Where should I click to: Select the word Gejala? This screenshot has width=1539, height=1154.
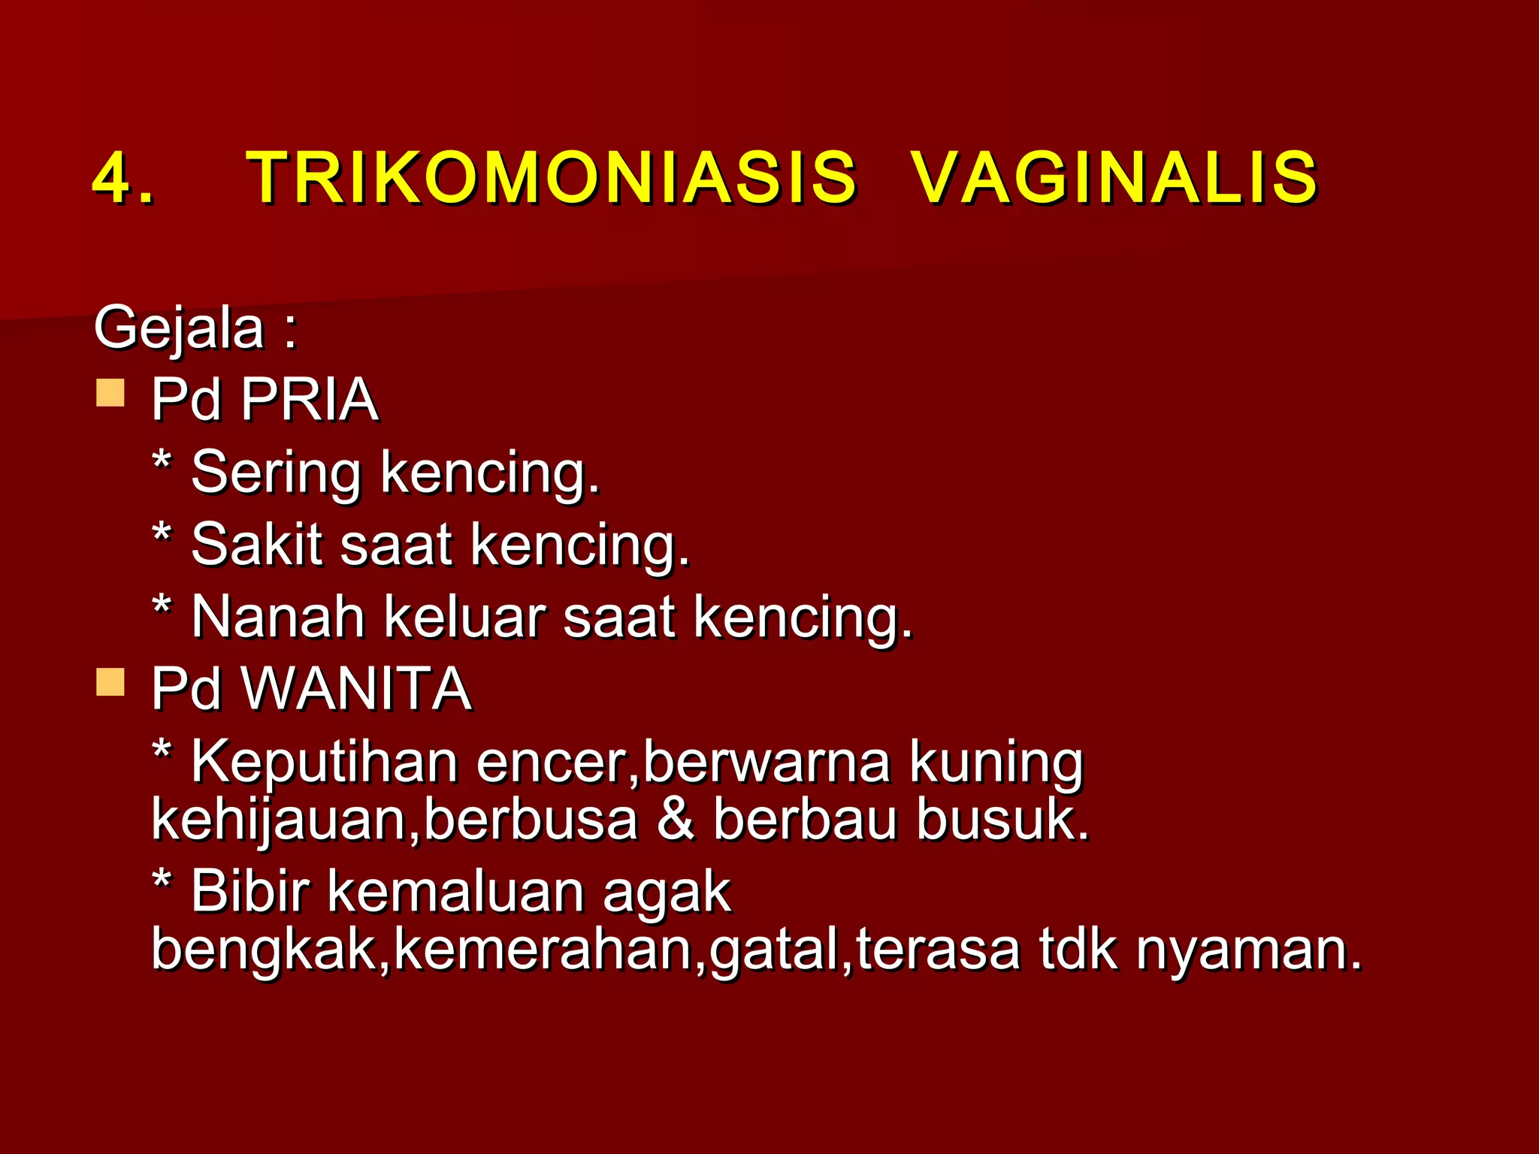179,328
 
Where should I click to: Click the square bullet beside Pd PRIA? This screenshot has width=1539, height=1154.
110,392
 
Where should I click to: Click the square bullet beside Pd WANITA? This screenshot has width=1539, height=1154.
110,682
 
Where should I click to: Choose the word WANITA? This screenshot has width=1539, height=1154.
355,688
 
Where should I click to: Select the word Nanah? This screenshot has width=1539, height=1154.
277,617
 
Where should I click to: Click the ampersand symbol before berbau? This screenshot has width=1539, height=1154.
675,819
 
